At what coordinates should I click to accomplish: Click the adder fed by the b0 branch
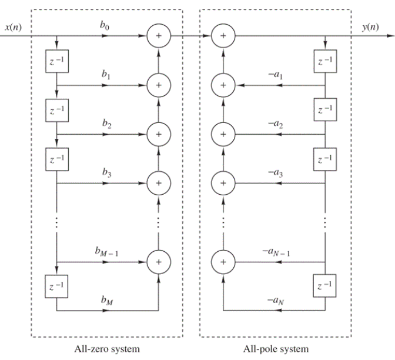pos(158,36)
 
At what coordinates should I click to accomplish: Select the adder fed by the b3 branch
pos(158,182)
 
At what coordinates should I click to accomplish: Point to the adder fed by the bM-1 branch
pos(158,261)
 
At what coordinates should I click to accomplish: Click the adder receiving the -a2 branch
pos(223,134)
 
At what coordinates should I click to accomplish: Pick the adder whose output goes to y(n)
pos(223,36)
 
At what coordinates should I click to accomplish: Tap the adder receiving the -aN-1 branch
pos(223,261)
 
